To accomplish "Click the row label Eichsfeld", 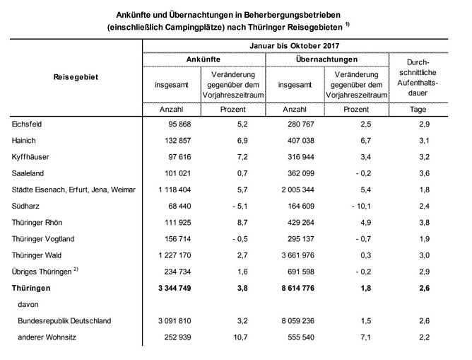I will [x=28, y=124].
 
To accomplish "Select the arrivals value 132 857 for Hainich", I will [x=173, y=141].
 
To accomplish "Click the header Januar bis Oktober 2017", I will [x=305, y=45].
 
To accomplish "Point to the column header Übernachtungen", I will [x=326, y=59].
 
